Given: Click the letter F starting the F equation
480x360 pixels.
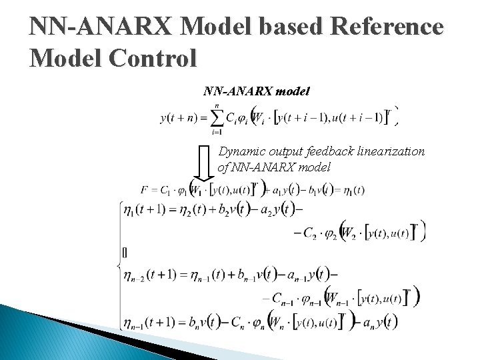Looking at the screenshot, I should coord(144,190).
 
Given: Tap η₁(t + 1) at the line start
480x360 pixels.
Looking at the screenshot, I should coord(147,210).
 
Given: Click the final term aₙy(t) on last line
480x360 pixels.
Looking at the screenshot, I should coord(379,322).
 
